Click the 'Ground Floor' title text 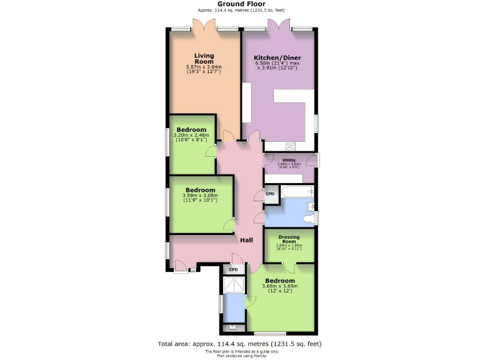coord(240,4)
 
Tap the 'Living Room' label coord(204,58)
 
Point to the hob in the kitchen coord(291,146)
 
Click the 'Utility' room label coord(289,160)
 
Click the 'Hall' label coord(247,239)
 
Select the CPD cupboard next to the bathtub coord(270,194)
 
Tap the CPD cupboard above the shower coord(234,269)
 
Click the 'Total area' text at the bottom coord(240,344)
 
